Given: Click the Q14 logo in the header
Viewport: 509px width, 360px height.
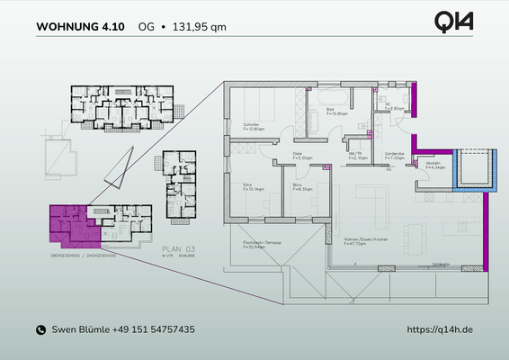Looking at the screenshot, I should point(454,22).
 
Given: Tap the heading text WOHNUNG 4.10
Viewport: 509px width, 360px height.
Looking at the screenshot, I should point(81,26).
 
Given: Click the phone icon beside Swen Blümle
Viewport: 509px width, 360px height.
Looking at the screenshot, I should point(40,330).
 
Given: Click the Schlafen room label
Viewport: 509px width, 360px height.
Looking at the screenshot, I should point(254,126).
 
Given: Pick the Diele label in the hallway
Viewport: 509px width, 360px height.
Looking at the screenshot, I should point(299,155).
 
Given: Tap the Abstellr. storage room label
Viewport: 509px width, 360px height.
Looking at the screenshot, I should point(433,165).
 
